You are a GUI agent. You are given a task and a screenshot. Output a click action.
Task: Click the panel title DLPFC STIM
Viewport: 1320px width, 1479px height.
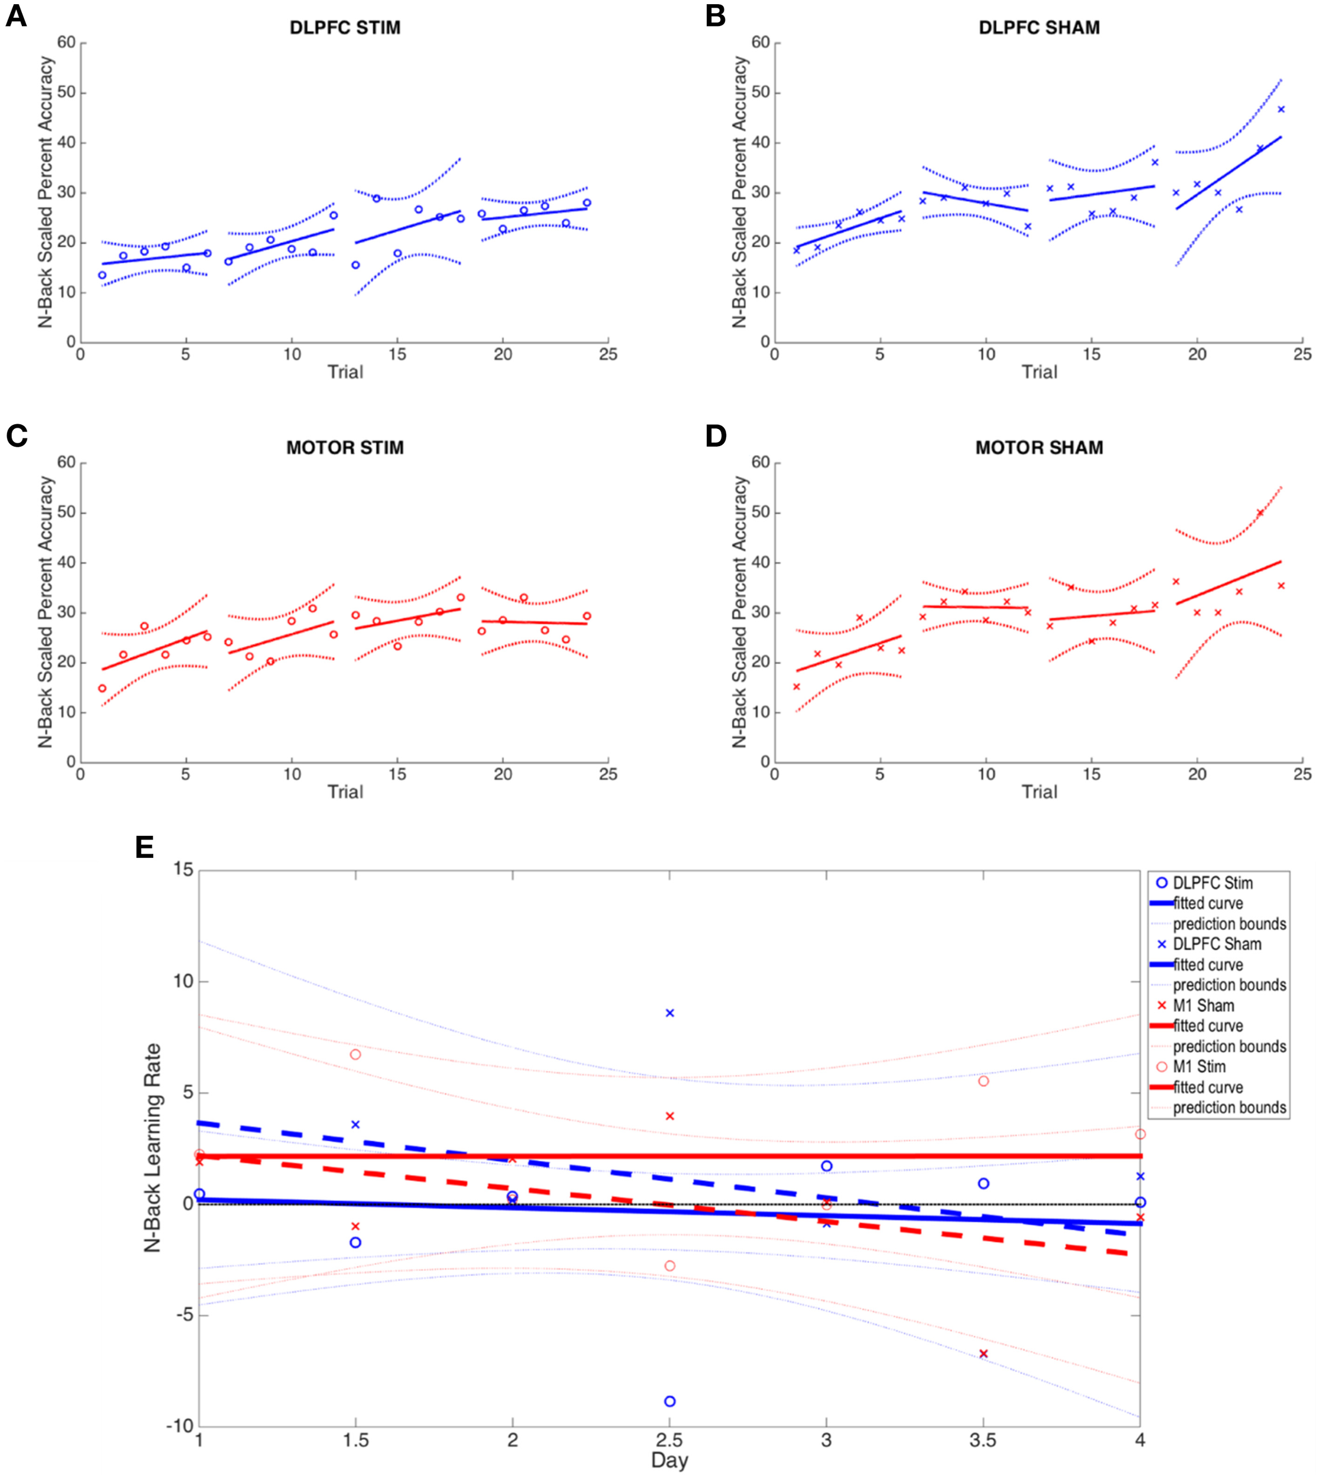pos(345,28)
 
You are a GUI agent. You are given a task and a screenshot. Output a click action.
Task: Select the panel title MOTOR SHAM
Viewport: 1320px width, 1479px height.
pos(1038,447)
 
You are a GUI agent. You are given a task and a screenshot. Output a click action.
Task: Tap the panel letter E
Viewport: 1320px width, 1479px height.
pos(145,847)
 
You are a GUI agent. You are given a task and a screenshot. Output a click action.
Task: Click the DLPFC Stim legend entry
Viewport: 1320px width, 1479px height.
pos(1212,883)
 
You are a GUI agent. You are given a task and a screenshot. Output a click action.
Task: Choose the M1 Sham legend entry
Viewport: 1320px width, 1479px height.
pos(1203,1005)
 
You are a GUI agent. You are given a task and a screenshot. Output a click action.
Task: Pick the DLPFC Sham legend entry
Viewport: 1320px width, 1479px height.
pos(1217,944)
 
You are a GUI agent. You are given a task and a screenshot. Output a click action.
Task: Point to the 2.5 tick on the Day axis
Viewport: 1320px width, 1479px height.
pos(669,1439)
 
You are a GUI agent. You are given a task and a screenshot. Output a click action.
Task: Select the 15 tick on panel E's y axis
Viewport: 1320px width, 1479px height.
pos(184,870)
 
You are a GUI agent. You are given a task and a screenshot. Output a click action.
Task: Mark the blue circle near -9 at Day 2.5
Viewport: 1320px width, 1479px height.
pos(670,1402)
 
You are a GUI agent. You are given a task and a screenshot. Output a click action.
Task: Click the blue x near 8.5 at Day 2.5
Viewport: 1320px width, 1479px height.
pos(670,1013)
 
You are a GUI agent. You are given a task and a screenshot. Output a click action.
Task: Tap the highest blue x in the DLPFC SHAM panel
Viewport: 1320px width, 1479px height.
pos(1281,109)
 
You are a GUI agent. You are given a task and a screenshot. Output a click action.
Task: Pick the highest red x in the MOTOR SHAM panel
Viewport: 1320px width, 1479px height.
pos(1260,513)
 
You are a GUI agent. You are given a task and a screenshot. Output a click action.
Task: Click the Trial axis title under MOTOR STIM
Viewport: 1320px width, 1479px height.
pos(345,792)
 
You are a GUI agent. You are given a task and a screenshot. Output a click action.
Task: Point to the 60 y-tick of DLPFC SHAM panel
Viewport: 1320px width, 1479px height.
pos(761,43)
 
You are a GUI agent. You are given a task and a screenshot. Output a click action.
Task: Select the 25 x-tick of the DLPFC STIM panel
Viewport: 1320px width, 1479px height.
pos(608,354)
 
